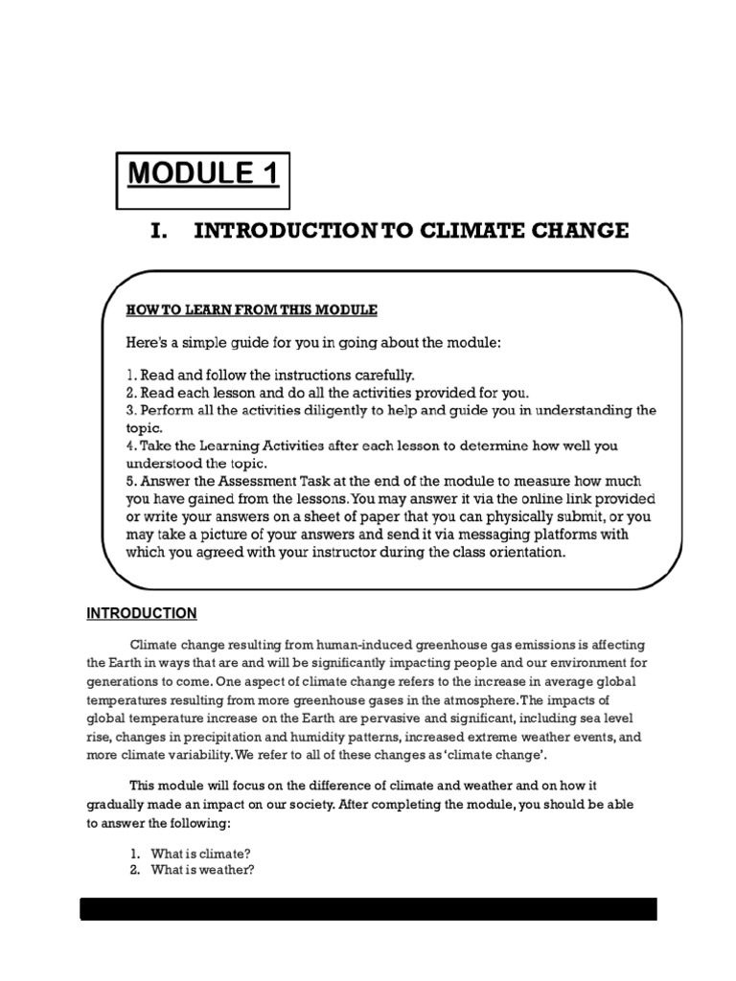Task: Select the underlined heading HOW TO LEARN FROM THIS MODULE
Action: coord(252,309)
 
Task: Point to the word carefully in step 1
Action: coord(380,375)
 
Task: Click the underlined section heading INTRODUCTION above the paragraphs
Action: coord(142,613)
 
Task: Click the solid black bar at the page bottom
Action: coord(368,909)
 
